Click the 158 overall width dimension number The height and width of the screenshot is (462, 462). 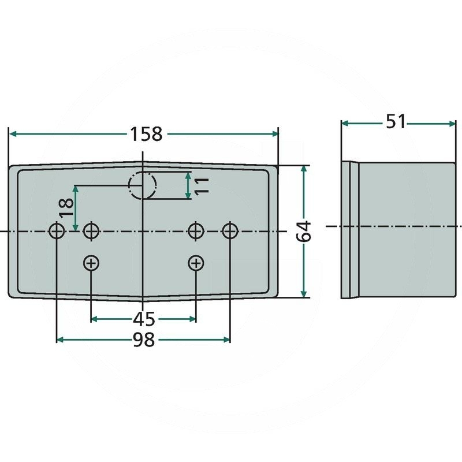[146, 134]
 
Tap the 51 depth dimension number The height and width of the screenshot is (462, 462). [396, 122]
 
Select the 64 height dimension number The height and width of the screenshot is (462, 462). [306, 231]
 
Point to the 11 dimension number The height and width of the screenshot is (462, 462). [200, 186]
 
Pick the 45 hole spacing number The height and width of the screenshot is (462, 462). [144, 319]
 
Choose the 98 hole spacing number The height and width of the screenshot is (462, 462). [144, 340]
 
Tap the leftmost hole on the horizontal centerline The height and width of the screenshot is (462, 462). [57, 231]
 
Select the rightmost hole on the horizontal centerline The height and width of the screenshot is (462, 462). [230, 231]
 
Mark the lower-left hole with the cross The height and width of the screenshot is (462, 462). [91, 263]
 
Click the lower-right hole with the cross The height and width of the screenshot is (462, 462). [196, 263]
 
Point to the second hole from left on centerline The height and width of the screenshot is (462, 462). [91, 231]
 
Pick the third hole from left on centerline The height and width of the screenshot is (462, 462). [196, 231]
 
